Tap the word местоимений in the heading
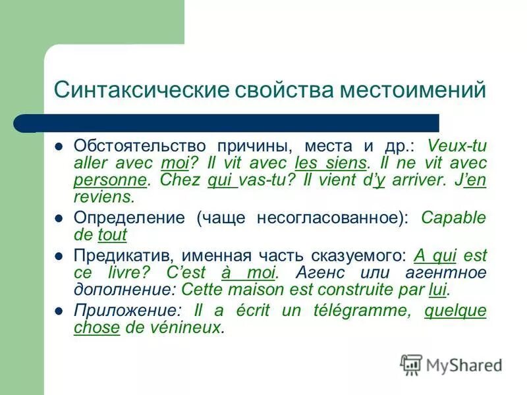[x=412, y=90]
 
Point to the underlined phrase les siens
[x=330, y=162]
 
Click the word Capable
[x=453, y=217]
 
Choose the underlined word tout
[x=112, y=234]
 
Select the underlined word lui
[x=437, y=290]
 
